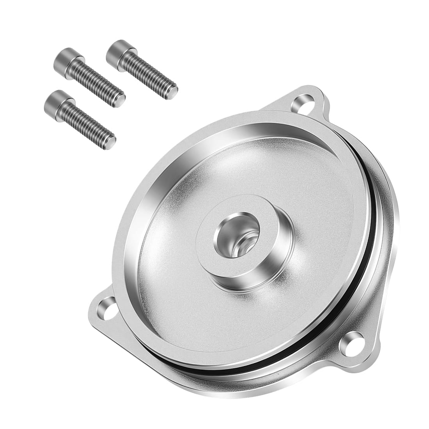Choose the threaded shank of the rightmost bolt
tap(150, 74)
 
